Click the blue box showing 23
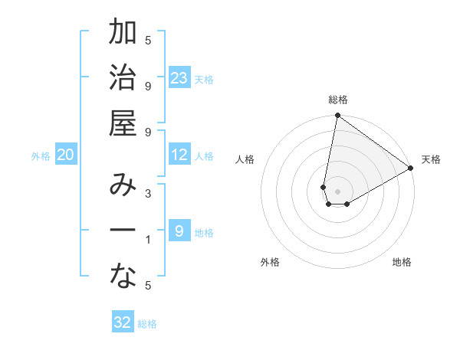click(x=179, y=78)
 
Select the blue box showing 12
click(x=179, y=155)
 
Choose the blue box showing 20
click(x=66, y=155)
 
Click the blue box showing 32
click(x=123, y=322)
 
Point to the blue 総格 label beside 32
click(x=147, y=324)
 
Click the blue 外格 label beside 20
click(x=41, y=156)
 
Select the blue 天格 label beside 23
click(x=204, y=79)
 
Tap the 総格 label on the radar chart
click(x=338, y=100)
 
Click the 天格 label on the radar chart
click(x=431, y=159)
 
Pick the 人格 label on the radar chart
click(x=245, y=159)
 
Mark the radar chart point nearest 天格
click(x=411, y=169)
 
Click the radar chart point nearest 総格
click(x=337, y=116)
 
